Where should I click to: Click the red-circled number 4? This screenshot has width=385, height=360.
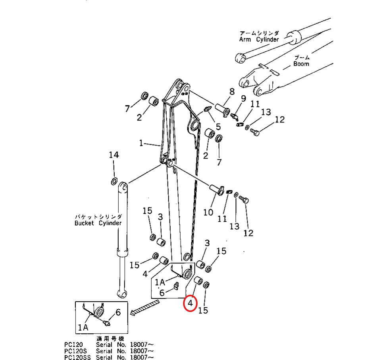[190, 304]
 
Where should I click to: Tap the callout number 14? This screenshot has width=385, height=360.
[114, 155]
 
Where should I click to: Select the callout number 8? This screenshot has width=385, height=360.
[232, 92]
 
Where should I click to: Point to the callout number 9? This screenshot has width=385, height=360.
[243, 99]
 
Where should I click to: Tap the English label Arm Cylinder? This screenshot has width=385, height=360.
[259, 39]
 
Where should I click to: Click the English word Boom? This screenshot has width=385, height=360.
[301, 64]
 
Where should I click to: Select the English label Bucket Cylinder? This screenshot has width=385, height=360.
[98, 223]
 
